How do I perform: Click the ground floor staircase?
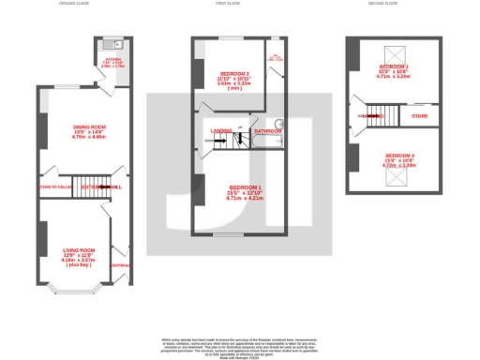click(x=91, y=183)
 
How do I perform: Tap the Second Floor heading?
click(x=394, y=5)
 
